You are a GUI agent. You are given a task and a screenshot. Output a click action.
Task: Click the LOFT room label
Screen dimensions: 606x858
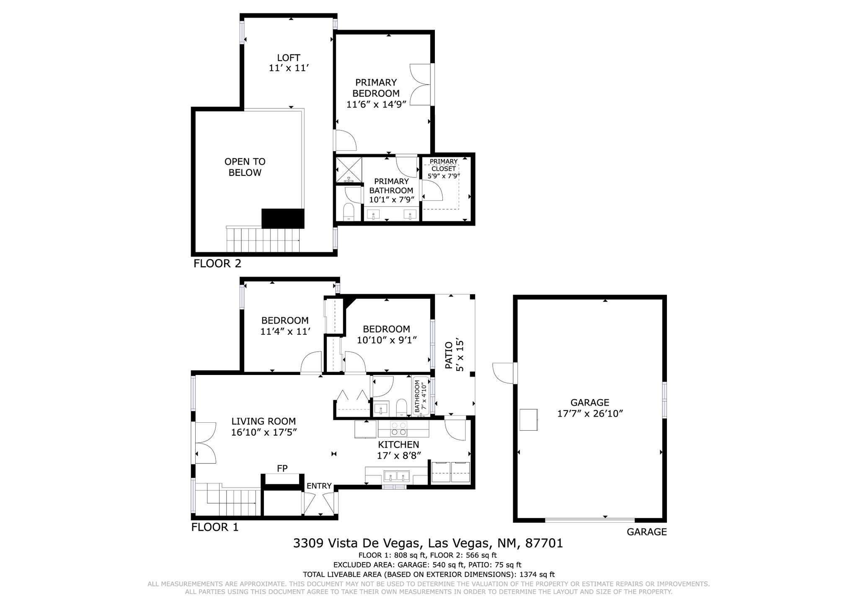[288, 58]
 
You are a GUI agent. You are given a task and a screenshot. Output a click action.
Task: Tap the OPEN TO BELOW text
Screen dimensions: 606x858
[245, 167]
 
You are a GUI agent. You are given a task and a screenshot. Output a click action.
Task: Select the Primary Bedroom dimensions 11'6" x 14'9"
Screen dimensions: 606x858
[377, 104]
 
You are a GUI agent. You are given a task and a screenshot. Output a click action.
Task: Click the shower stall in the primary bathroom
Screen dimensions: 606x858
[349, 169]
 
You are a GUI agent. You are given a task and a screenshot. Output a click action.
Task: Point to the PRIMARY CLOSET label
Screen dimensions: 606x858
[443, 165]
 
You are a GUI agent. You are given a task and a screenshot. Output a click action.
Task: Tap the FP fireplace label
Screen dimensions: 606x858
[282, 468]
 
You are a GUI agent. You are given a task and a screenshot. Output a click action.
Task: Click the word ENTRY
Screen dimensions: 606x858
[319, 486]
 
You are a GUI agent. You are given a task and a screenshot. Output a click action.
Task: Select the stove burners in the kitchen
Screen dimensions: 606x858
[398, 429]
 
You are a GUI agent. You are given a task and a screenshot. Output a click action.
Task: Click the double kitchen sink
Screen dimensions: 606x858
[397, 476]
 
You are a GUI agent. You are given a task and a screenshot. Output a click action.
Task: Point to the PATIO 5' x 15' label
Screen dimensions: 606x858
[454, 355]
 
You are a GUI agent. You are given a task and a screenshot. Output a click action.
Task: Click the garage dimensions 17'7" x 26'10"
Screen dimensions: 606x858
[590, 413]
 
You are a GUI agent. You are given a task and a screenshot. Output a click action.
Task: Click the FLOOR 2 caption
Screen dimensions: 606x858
[217, 264]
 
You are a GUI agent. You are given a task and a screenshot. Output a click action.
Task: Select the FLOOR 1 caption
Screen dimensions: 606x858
[214, 527]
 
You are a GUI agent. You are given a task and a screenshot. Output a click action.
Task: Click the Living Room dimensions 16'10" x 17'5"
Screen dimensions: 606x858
[264, 432]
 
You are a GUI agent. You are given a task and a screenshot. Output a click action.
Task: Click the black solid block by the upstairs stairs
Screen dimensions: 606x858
[283, 218]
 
